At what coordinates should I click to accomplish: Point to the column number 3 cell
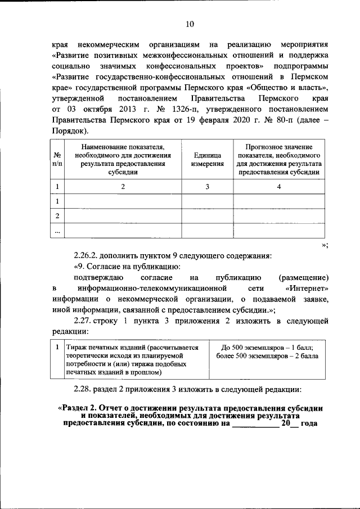pyautogui.click(x=207, y=187)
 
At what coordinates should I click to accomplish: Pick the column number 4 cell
pyautogui.click(x=279, y=187)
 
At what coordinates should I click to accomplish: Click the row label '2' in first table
pyautogui.click(x=57, y=216)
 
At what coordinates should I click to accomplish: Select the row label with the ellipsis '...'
pyautogui.click(x=57, y=231)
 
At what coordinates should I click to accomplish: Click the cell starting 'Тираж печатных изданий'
pyautogui.click(x=132, y=348)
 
